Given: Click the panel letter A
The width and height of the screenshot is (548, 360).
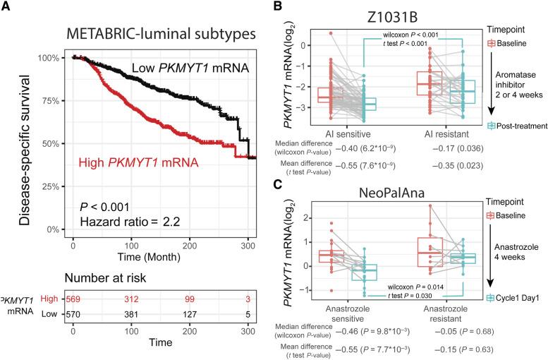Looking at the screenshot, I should pyautogui.click(x=6, y=7).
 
